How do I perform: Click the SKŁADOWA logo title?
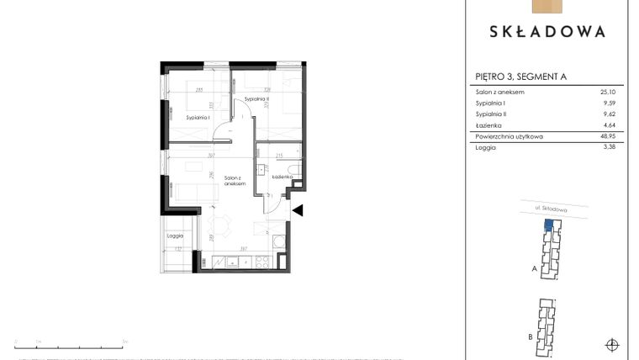click(547, 32)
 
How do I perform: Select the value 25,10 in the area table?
click(609, 92)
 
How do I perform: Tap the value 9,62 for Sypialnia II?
click(610, 114)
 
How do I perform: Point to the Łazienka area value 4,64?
click(610, 124)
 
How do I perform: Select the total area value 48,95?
click(609, 135)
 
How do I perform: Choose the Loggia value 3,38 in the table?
click(610, 147)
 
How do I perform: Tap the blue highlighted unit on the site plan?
click(548, 225)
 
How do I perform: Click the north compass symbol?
click(612, 343)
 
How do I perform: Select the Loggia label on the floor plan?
click(176, 237)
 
